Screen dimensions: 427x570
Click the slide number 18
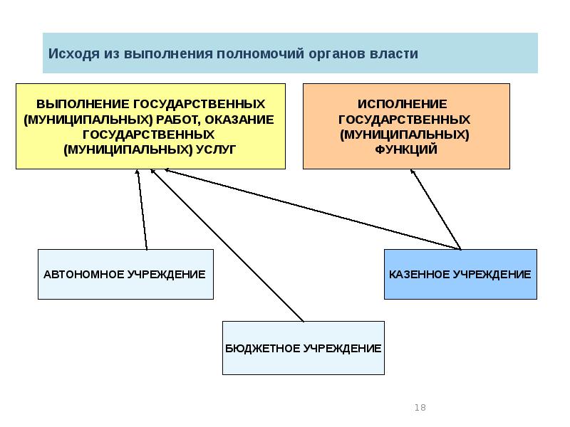[x=420, y=408]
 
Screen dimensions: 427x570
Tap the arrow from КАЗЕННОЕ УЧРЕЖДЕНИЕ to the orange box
[x=436, y=210]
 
